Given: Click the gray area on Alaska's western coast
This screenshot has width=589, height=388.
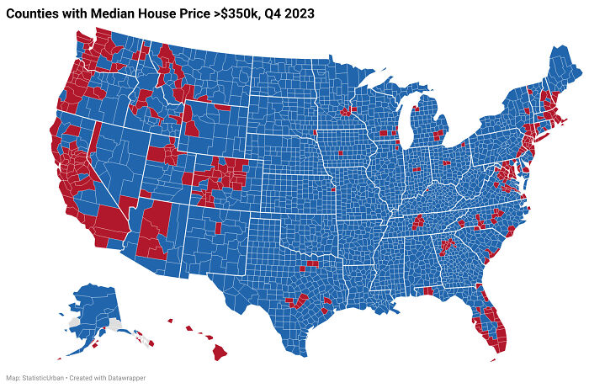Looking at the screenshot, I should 76,322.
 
